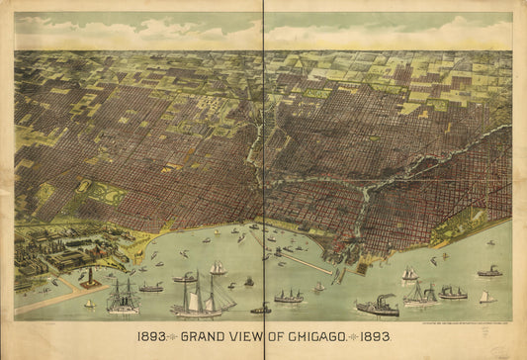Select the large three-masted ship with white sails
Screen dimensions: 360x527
(x=203, y=297)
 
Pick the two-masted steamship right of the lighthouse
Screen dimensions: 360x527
(x=123, y=297)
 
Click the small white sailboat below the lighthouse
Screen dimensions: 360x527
(x=89, y=303)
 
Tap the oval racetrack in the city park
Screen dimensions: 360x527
(x=84, y=186)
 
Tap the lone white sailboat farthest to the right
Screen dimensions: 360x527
(x=484, y=296)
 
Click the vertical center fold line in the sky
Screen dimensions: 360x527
(x=264, y=30)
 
